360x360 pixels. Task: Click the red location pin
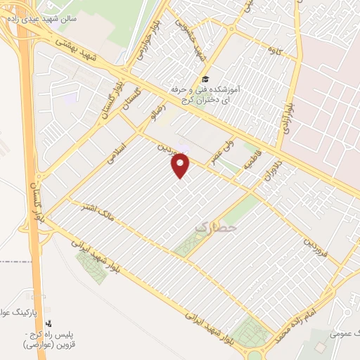click(x=181, y=166)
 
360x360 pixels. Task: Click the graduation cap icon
click(x=205, y=79)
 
